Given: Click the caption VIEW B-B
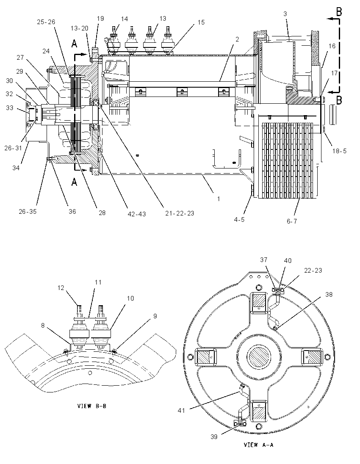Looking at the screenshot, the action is (91, 406).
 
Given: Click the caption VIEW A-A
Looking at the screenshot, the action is (258, 445).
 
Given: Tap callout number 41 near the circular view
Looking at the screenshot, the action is (181, 410).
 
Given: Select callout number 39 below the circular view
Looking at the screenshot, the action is (214, 437).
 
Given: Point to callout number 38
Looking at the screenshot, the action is (321, 294).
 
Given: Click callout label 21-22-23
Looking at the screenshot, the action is (180, 213).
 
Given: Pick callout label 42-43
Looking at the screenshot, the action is (136, 214).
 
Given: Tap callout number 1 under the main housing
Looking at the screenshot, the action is (219, 199).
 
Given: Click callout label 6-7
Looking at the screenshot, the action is (292, 221).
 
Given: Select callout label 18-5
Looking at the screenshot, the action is (339, 151).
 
